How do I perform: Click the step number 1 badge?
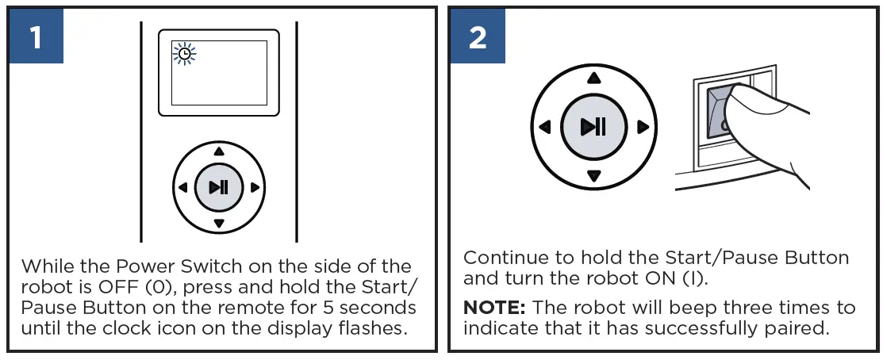[x=36, y=37]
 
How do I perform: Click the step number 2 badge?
[x=478, y=37]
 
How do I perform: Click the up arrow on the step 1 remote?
[x=220, y=151]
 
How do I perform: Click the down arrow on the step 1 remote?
[x=220, y=224]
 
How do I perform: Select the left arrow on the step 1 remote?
[x=182, y=188]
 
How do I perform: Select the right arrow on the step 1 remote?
[x=255, y=188]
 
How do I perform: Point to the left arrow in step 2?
[x=544, y=127]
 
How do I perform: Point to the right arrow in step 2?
[x=643, y=127]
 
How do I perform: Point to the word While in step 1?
[x=45, y=266]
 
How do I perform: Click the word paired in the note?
[x=803, y=328]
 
